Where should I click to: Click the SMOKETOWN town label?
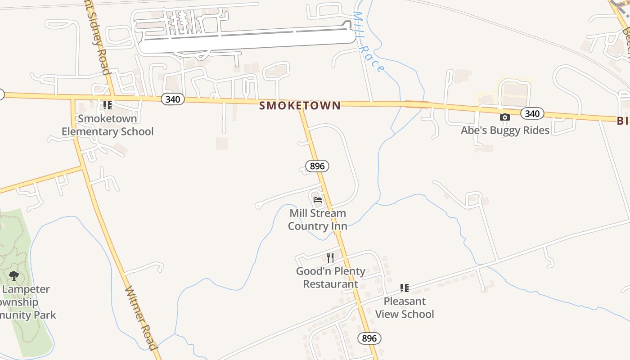[x=300, y=105]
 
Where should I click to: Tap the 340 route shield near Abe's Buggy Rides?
[x=532, y=113]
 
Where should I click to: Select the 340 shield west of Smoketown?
[x=172, y=99]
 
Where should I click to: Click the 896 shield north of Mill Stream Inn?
[x=317, y=166]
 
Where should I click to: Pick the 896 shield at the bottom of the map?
[x=369, y=338]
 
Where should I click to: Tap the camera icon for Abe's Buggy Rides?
[x=505, y=117]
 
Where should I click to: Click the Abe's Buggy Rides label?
[x=505, y=130]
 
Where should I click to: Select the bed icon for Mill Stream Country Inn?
[x=318, y=200]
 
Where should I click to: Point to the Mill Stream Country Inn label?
[x=317, y=219]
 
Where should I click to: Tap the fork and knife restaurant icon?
[x=330, y=257]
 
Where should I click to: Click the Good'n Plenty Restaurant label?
[x=330, y=277]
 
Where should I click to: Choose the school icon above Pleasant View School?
[x=404, y=288]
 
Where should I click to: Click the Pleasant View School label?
[x=404, y=307]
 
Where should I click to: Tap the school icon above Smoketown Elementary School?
[x=107, y=105]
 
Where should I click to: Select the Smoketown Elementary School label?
[x=108, y=125]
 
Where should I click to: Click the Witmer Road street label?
[x=141, y=318]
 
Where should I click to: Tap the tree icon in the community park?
[x=14, y=275]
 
